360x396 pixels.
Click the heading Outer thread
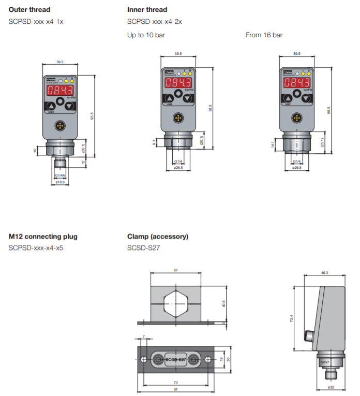[29, 9]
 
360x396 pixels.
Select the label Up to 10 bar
[146, 35]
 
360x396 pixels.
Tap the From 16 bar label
[264, 35]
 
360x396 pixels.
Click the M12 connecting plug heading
[43, 237]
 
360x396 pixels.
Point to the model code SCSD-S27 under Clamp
[143, 248]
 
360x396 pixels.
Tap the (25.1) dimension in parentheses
[322, 143]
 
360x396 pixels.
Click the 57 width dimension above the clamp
[176, 270]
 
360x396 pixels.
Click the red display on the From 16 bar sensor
[296, 83]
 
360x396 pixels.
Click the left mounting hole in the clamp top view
[143, 359]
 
